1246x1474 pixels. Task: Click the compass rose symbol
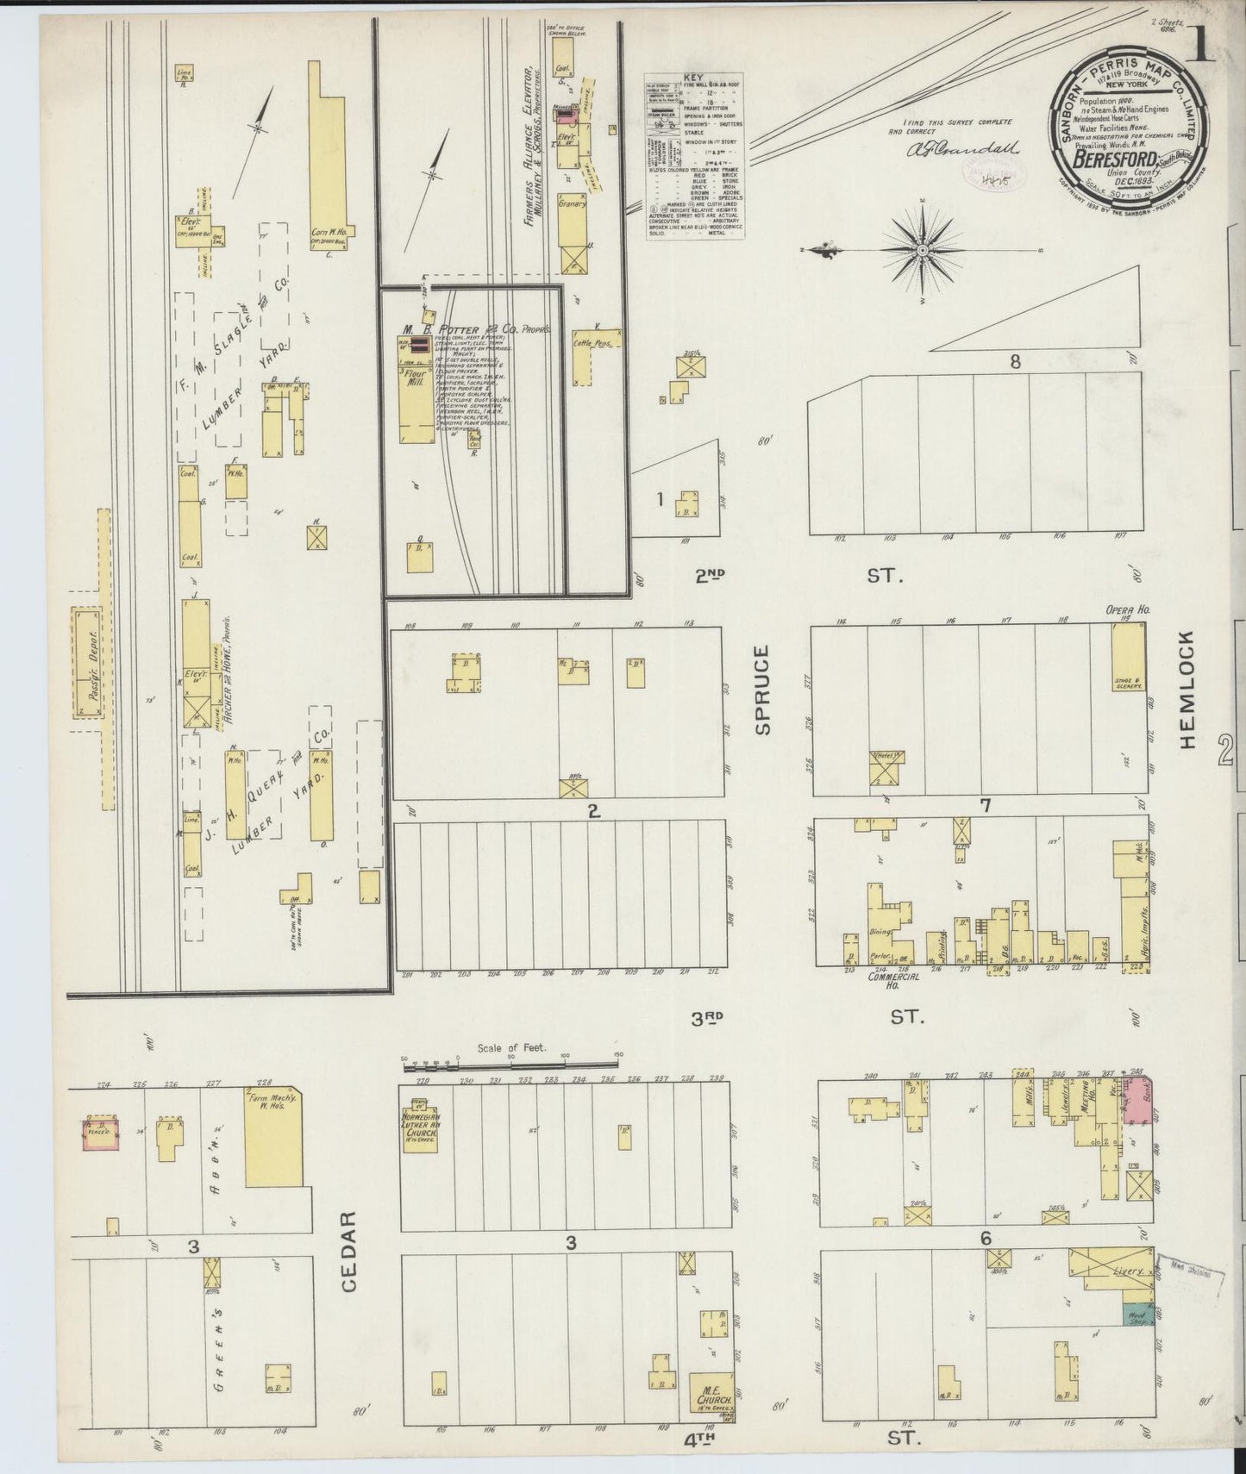tap(922, 250)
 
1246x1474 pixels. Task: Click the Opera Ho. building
tap(1127, 658)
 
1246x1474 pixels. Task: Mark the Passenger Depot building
tap(86, 664)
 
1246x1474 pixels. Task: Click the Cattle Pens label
tap(592, 342)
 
